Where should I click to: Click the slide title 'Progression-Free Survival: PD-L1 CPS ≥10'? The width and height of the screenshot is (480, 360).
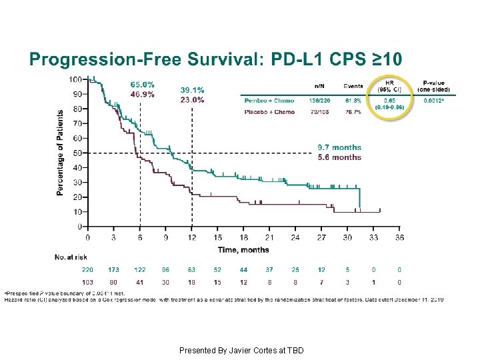coord(215,59)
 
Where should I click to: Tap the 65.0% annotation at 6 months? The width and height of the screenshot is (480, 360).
coord(142,85)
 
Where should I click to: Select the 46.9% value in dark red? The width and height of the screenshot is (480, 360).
coord(142,95)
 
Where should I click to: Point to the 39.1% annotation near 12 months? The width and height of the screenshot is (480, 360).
coord(192,90)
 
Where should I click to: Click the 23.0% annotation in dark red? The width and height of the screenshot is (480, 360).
coord(192,100)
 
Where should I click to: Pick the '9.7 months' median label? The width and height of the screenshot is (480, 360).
coord(339,147)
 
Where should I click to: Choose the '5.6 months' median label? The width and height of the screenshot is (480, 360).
coord(339,157)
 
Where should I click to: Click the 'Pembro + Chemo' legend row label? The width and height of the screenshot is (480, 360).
coord(269,100)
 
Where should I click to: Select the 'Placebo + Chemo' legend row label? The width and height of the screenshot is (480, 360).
coord(269,112)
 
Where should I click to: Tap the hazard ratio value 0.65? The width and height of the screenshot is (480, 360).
coord(389,100)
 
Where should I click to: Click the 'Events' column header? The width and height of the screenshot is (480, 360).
coord(353,86)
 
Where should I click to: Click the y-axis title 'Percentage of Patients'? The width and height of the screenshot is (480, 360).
coord(60,153)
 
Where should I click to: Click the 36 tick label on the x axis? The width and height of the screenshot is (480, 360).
coord(399,237)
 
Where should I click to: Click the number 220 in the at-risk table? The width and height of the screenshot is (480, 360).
coord(87,270)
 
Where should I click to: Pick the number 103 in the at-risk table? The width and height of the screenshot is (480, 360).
coord(87,283)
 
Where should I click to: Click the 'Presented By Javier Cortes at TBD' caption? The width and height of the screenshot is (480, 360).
coord(241,350)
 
